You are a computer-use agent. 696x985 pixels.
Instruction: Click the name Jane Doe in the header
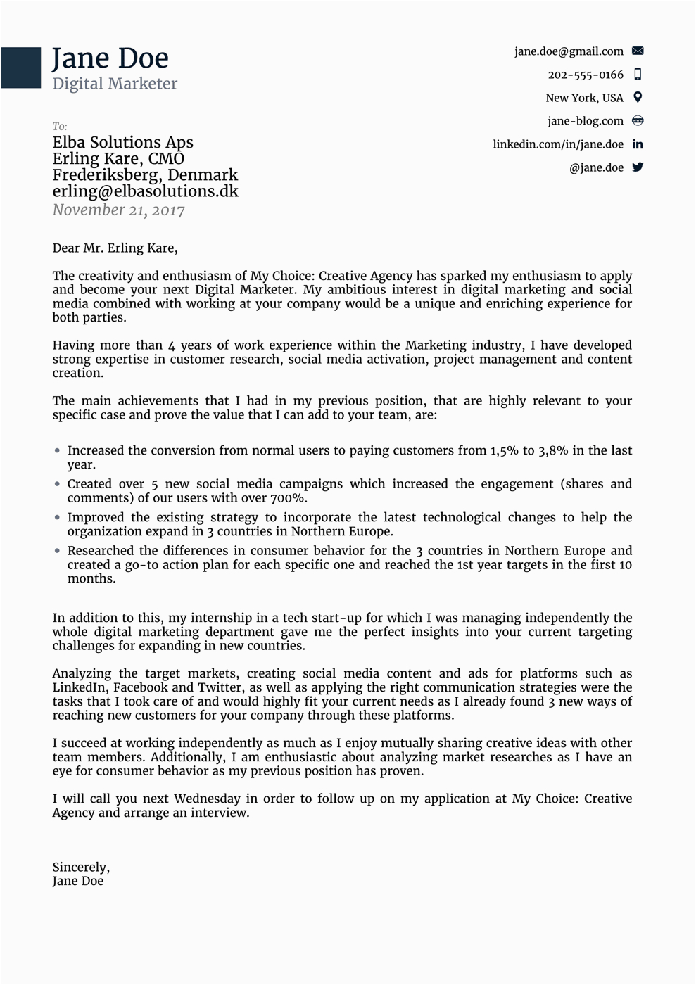point(110,58)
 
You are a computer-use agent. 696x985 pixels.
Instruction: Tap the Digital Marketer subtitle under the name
point(115,84)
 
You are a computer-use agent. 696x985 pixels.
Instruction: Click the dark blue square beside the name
point(20,68)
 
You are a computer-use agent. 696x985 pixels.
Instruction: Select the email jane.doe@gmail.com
point(569,51)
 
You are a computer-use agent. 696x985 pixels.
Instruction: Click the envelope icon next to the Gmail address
point(638,51)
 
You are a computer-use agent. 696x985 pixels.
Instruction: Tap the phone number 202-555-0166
point(586,75)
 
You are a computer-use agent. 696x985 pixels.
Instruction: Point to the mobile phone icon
point(638,74)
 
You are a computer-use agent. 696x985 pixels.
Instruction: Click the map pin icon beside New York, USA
point(638,97)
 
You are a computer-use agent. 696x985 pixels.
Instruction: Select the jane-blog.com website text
point(586,121)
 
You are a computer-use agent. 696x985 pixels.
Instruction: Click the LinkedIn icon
point(638,144)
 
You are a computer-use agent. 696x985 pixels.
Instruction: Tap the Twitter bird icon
point(638,167)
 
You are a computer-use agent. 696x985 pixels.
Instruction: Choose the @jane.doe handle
point(596,167)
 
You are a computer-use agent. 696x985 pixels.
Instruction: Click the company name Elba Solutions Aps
point(122,142)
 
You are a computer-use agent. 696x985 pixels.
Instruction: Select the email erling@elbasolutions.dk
point(145,191)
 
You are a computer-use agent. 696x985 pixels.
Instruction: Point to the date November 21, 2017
point(118,210)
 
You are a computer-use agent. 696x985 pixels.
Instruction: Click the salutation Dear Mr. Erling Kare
point(115,248)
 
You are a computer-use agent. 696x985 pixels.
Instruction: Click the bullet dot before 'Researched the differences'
point(58,551)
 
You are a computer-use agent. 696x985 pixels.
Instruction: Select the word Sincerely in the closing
point(80,867)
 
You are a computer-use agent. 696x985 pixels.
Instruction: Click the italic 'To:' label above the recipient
point(60,127)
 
